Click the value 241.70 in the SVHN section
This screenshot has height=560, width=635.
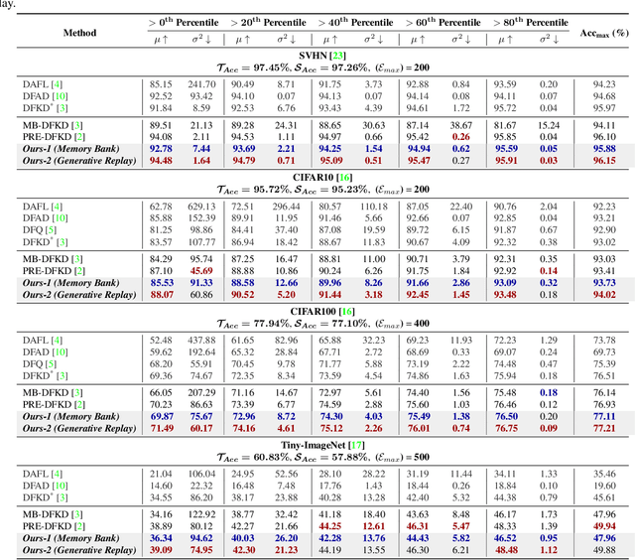pos(201,84)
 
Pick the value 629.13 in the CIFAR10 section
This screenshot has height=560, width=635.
pos(201,206)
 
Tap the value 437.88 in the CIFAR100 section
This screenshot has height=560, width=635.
pos(201,341)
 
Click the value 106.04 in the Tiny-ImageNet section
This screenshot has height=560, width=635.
pos(201,474)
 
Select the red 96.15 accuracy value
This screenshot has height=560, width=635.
pos(603,160)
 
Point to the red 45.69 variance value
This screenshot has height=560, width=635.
pos(201,271)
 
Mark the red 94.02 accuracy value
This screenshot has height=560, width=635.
pos(603,294)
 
